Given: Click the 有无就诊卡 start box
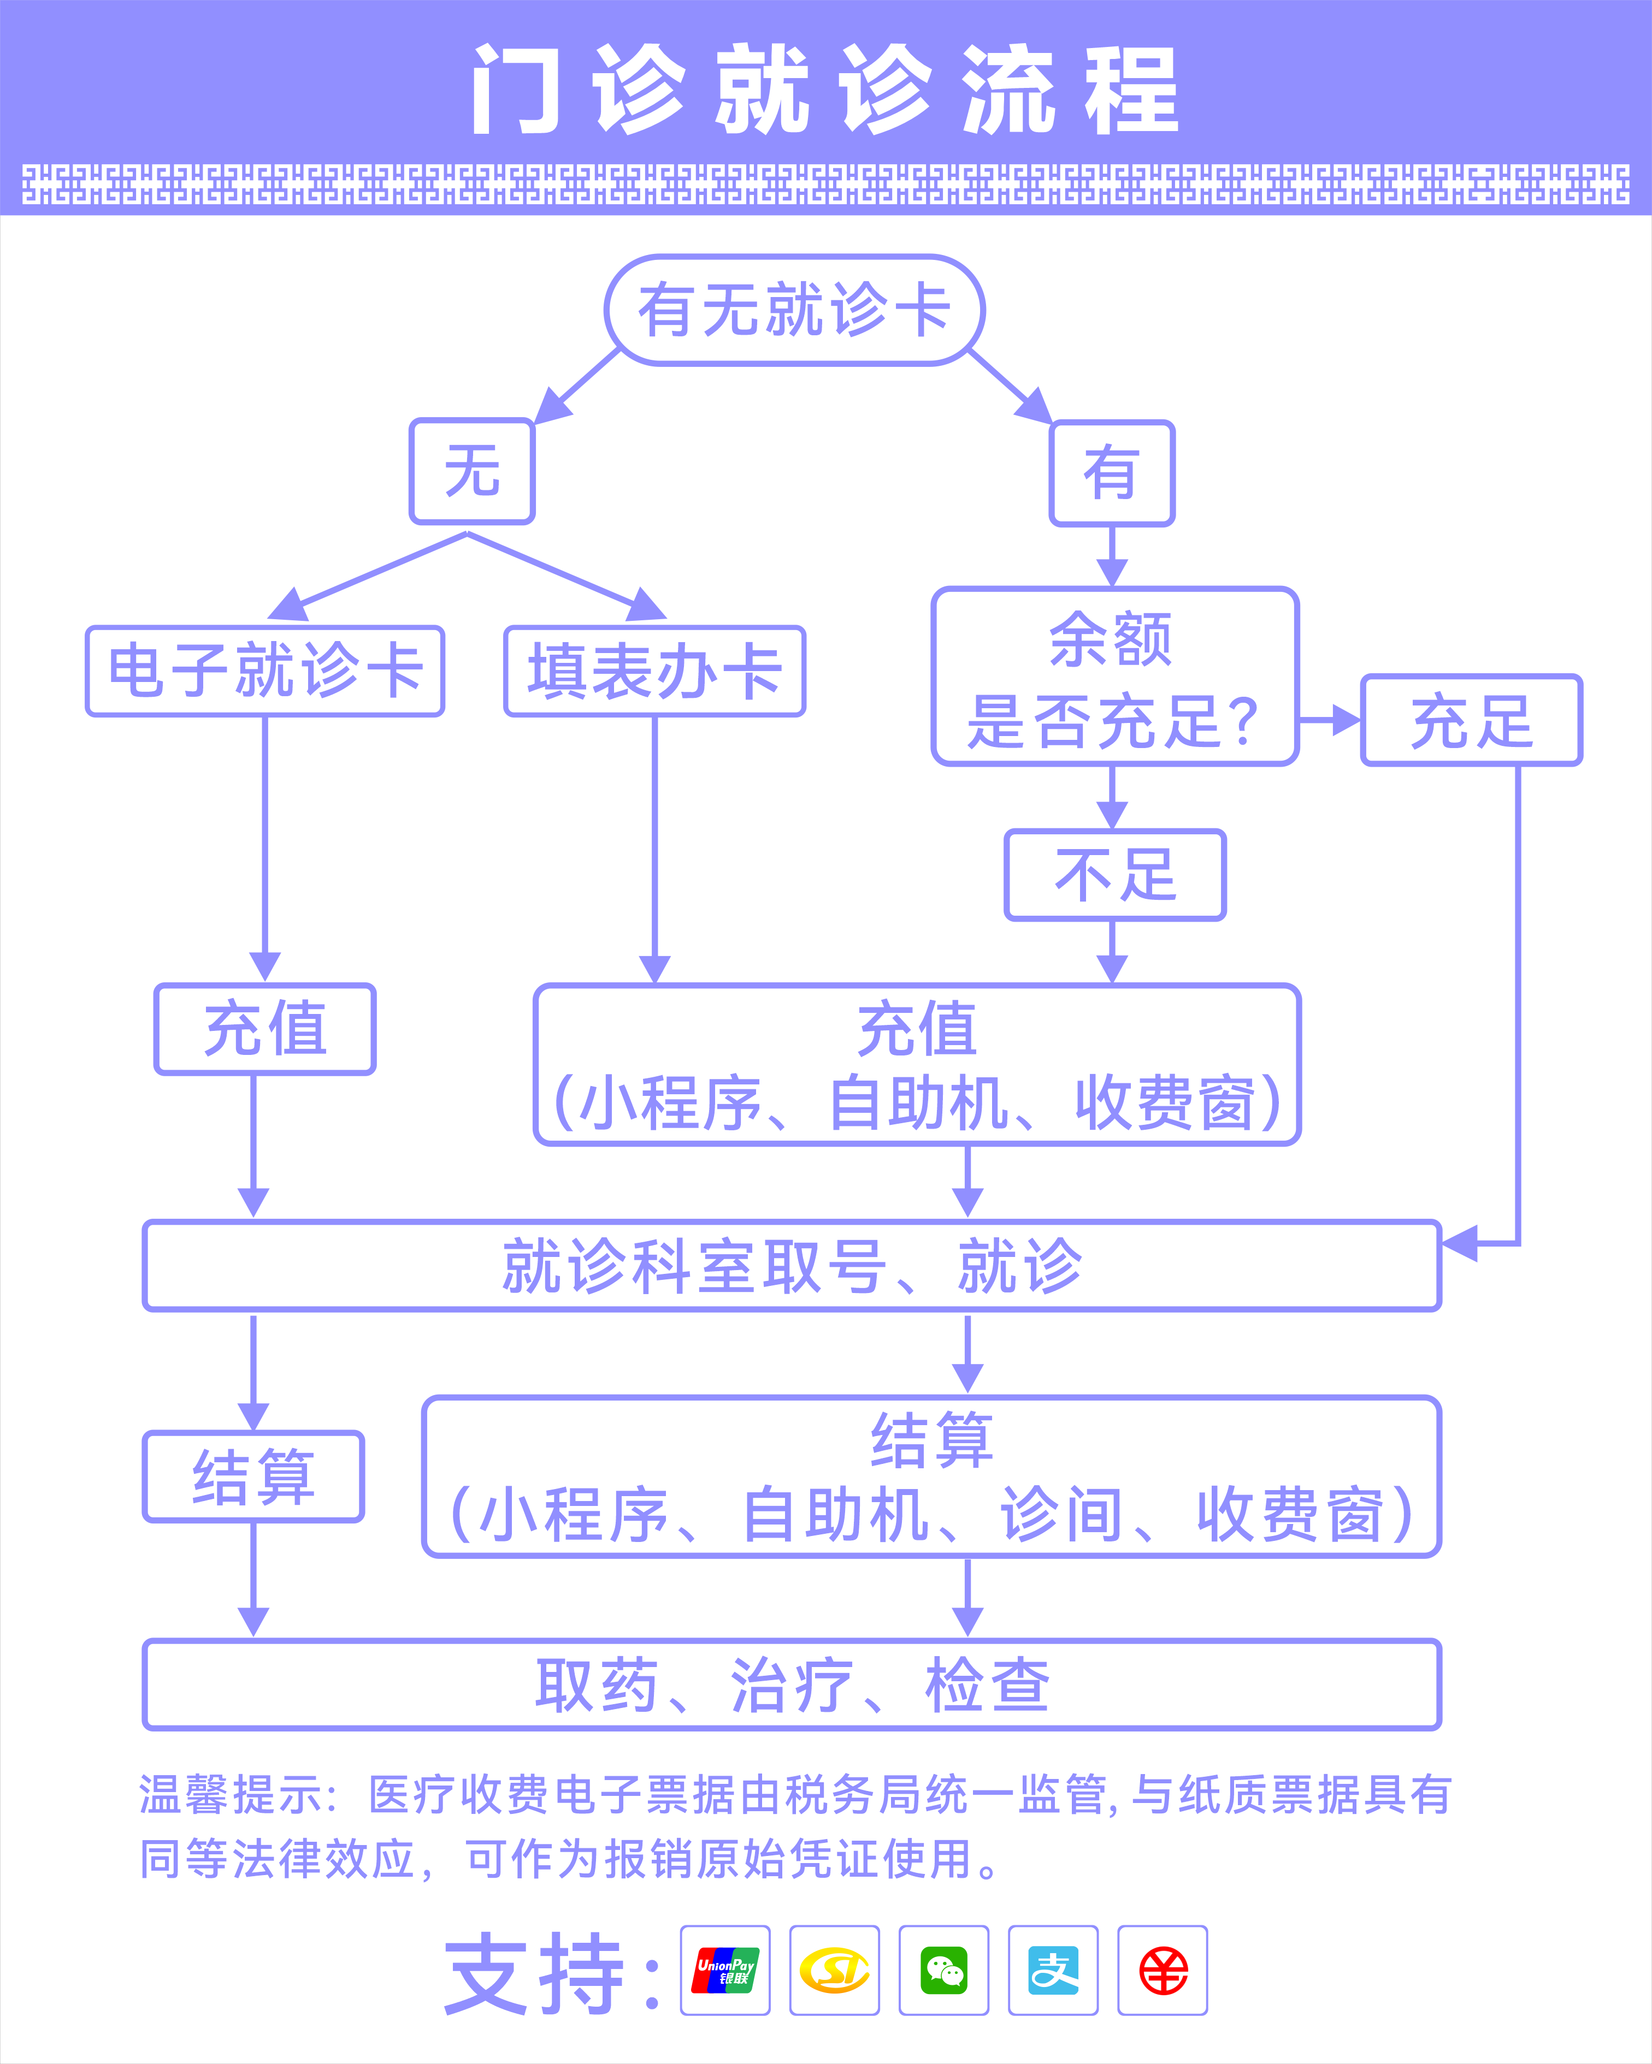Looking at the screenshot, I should pyautogui.click(x=794, y=310).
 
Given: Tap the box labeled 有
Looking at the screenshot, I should pyautogui.click(x=1111, y=473).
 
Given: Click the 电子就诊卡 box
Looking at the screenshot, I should pyautogui.click(x=265, y=671).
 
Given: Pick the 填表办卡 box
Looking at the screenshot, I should pyautogui.click(x=654, y=671).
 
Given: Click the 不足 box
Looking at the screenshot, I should pyautogui.click(x=1115, y=875).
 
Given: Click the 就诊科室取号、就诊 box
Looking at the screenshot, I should pyautogui.click(x=792, y=1266).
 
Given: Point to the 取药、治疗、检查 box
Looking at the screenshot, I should pyautogui.click(x=792, y=1685).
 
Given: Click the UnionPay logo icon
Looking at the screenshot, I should pyautogui.click(x=725, y=1970).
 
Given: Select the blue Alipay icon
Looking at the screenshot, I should pyautogui.click(x=1053, y=1970).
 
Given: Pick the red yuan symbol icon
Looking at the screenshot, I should pyautogui.click(x=1163, y=1970).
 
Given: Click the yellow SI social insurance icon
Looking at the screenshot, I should pyautogui.click(x=834, y=1970).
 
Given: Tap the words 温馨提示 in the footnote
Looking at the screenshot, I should pyautogui.click(x=232, y=1795).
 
